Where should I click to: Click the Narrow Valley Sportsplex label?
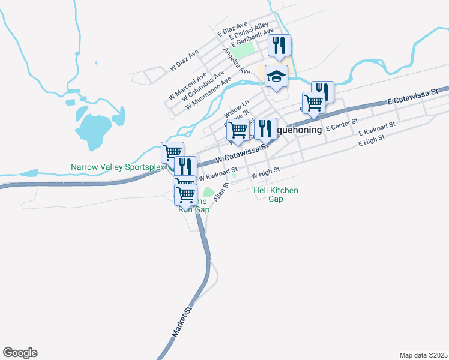[118, 167]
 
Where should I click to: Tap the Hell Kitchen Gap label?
[276, 194]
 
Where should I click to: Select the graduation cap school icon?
[277, 76]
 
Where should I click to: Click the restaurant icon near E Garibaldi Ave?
[279, 44]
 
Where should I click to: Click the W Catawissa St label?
[240, 155]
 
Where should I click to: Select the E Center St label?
[341, 128]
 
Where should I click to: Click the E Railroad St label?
[377, 128]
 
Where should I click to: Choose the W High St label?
[265, 173]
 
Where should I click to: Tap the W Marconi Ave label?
[187, 85]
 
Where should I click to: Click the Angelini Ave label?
[237, 62]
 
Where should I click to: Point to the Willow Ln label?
[236, 109]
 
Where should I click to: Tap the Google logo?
[20, 353]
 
